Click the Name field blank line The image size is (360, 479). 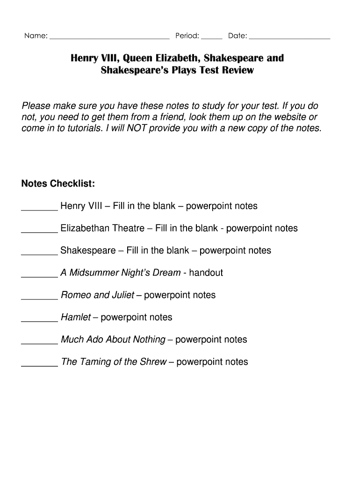pos(109,37)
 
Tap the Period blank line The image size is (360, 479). pos(212,37)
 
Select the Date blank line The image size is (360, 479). pos(290,37)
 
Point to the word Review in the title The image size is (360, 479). pos(238,71)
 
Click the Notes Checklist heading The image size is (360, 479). pos(58,183)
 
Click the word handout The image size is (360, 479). pos(206,273)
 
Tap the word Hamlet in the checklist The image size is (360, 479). pos(76,318)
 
